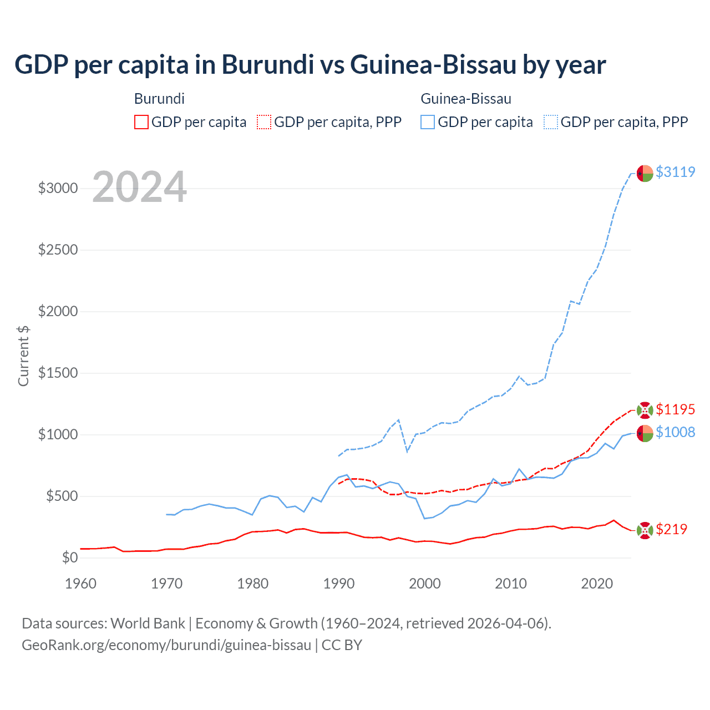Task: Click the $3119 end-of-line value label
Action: click(675, 172)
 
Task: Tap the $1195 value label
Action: click(675, 409)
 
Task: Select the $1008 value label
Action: click(675, 432)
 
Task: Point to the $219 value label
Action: click(671, 529)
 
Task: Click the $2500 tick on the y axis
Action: click(58, 250)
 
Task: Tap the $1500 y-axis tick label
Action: click(58, 373)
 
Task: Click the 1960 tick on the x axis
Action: click(80, 584)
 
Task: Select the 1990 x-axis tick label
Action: click(339, 584)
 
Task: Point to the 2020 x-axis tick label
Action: click(597, 584)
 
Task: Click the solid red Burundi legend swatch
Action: click(141, 122)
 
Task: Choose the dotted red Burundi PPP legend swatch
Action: click(264, 122)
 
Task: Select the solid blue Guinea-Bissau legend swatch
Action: click(428, 122)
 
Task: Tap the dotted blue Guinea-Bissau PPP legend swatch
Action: click(551, 122)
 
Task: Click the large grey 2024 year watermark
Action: click(139, 187)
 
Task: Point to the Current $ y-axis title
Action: click(23, 356)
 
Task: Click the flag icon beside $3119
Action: click(645, 173)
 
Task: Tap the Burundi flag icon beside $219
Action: click(645, 530)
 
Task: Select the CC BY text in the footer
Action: click(342, 645)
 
